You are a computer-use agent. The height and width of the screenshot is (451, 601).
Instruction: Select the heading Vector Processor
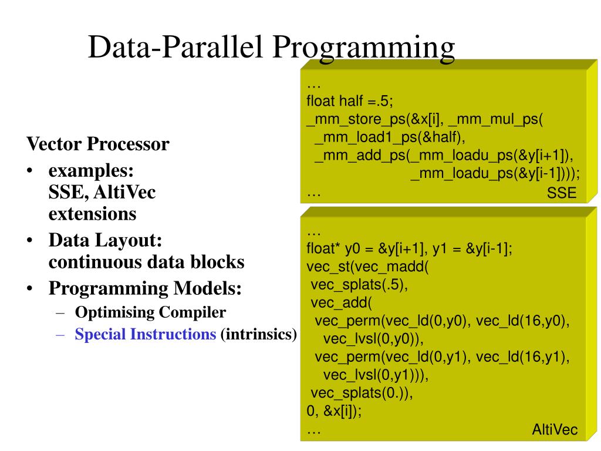click(x=98, y=144)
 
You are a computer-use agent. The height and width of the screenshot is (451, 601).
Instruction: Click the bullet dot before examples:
click(x=29, y=172)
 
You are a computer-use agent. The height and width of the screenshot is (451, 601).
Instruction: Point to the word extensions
click(x=92, y=213)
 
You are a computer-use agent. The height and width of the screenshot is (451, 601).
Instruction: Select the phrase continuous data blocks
click(x=146, y=262)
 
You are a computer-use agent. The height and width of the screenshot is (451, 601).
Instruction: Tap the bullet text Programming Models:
click(x=145, y=289)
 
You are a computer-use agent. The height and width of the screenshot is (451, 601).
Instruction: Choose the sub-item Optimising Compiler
click(x=150, y=312)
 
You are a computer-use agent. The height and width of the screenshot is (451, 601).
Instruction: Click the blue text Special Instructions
click(x=146, y=335)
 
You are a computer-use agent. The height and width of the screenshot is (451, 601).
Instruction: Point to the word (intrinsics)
click(x=259, y=335)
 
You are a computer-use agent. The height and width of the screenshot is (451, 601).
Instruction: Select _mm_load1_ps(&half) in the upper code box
click(x=381, y=138)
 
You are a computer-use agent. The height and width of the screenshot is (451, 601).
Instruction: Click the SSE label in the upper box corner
click(x=562, y=194)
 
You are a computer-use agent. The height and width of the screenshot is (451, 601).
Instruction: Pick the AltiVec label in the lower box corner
click(x=554, y=430)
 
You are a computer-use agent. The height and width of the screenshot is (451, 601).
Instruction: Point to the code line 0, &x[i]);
click(x=334, y=411)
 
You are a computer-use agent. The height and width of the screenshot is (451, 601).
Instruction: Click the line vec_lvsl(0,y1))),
click(x=376, y=375)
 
